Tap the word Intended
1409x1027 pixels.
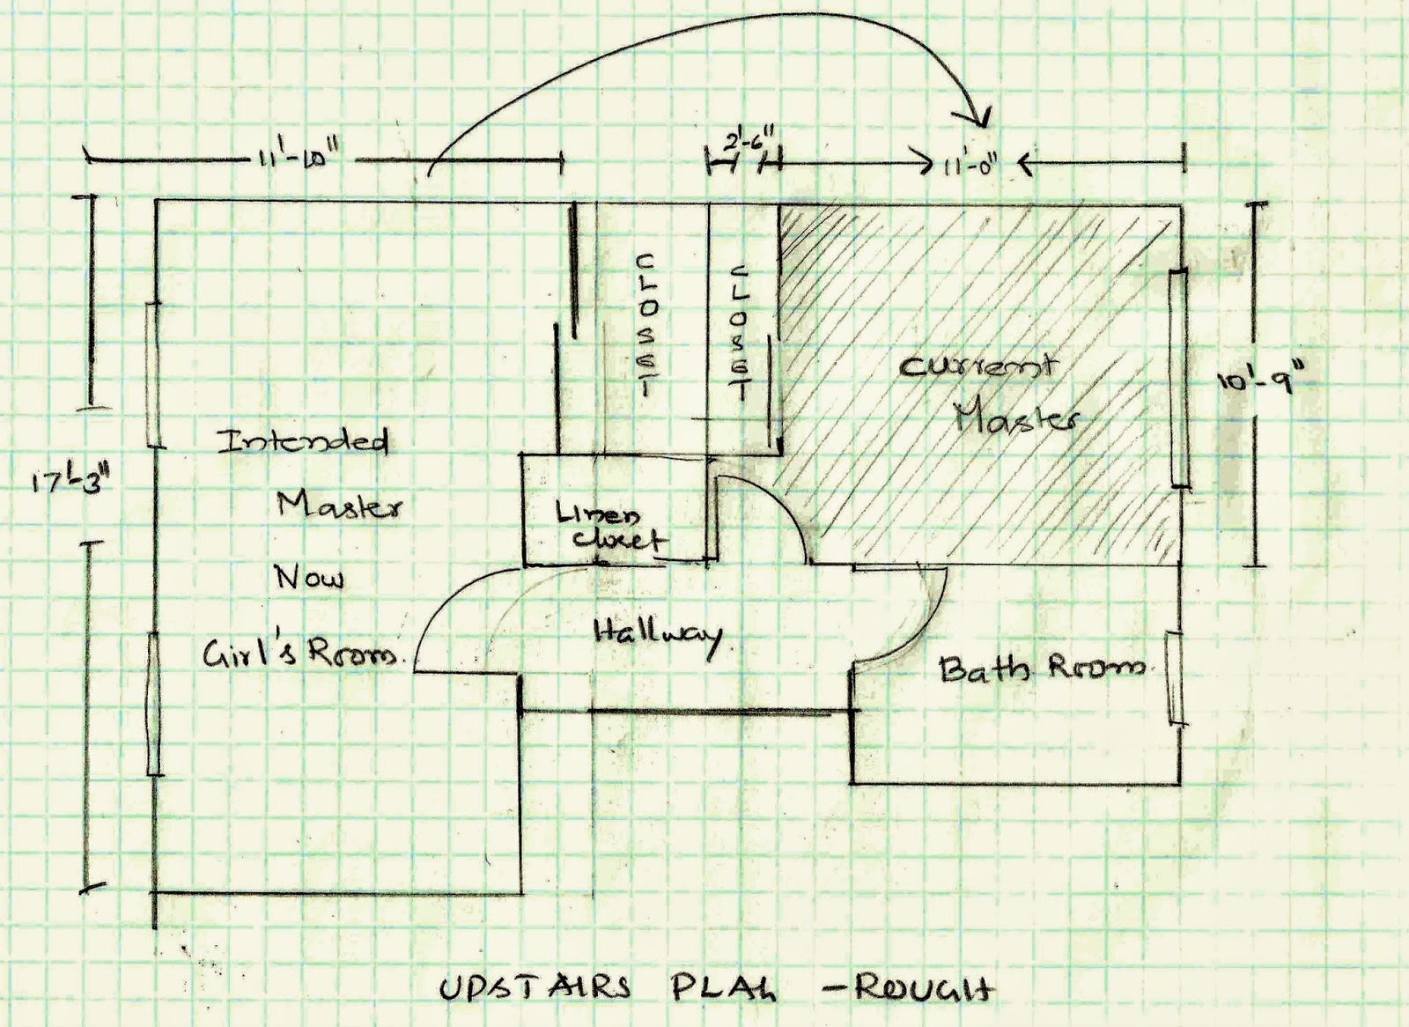pyautogui.click(x=303, y=440)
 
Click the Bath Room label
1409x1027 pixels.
pyautogui.click(x=1042, y=669)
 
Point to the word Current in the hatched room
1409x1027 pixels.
pyautogui.click(x=976, y=366)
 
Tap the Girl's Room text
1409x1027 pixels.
pyautogui.click(x=297, y=654)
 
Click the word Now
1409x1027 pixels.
pyautogui.click(x=308, y=578)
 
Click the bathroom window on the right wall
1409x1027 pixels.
pyautogui.click(x=1173, y=679)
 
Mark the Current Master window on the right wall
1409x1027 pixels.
pyautogui.click(x=1178, y=379)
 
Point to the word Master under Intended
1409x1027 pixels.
pyautogui.click(x=340, y=506)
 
